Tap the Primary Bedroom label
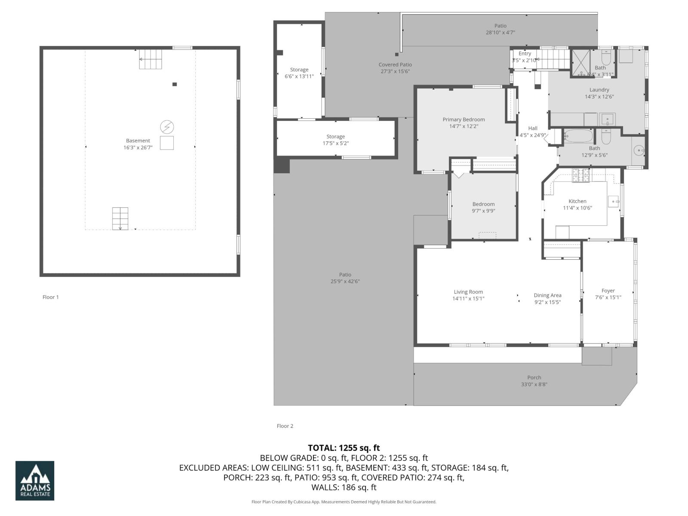pos(464,120)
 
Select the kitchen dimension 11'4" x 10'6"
pos(577,208)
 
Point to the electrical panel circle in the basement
pos(167,127)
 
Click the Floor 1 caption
pos(50,297)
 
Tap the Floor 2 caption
pos(285,426)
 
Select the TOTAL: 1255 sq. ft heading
pos(344,448)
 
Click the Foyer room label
pos(608,291)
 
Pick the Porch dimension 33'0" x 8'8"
pos(534,384)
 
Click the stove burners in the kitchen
pos(581,175)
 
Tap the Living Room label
pos(468,292)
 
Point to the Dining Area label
pos(547,295)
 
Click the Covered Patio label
pos(395,64)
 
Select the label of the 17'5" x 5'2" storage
pos(335,136)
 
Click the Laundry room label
pos(599,89)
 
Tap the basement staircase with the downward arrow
pos(120,218)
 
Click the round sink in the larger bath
pos(639,150)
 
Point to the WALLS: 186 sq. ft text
pos(344,488)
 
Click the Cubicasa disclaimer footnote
pos(344,502)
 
